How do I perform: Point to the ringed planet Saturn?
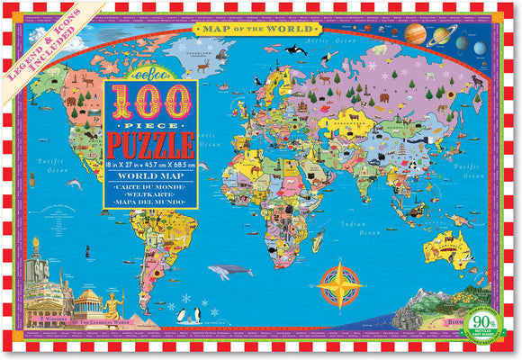tap(443, 37)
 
